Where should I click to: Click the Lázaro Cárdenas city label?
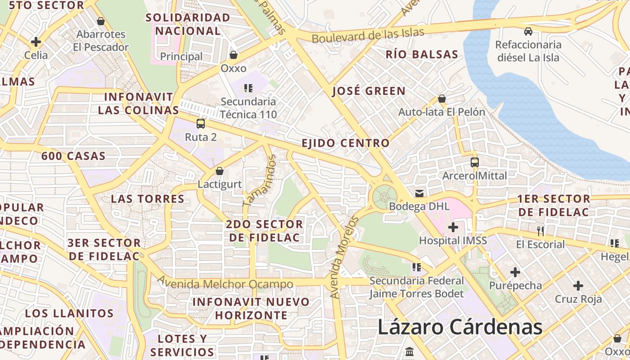click(460, 327)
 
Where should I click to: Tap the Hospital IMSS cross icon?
click(453, 227)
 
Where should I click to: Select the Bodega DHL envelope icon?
click(419, 193)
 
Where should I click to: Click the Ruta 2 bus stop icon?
click(201, 124)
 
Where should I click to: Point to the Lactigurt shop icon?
click(220, 171)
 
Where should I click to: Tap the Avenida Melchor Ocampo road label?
click(225, 284)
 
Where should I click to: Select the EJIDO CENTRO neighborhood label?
click(345, 143)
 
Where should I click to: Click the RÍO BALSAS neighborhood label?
click(422, 54)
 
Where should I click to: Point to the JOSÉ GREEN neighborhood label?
click(369, 91)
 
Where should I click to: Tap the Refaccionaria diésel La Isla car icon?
click(528, 31)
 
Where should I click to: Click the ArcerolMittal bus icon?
click(475, 162)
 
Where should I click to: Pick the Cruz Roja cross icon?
click(578, 286)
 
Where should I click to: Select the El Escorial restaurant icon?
click(540, 231)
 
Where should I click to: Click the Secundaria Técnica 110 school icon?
click(248, 88)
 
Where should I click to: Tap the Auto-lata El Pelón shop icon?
click(442, 99)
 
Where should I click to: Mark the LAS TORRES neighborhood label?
click(148, 198)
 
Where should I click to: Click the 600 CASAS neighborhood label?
click(73, 156)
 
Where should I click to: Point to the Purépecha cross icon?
click(515, 272)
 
